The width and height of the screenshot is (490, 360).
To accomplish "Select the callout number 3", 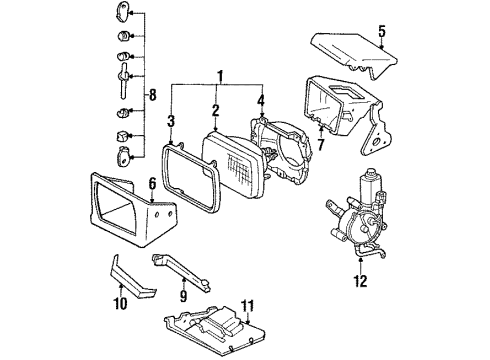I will coord(173,121).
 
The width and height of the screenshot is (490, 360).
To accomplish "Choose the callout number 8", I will coord(152,96).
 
